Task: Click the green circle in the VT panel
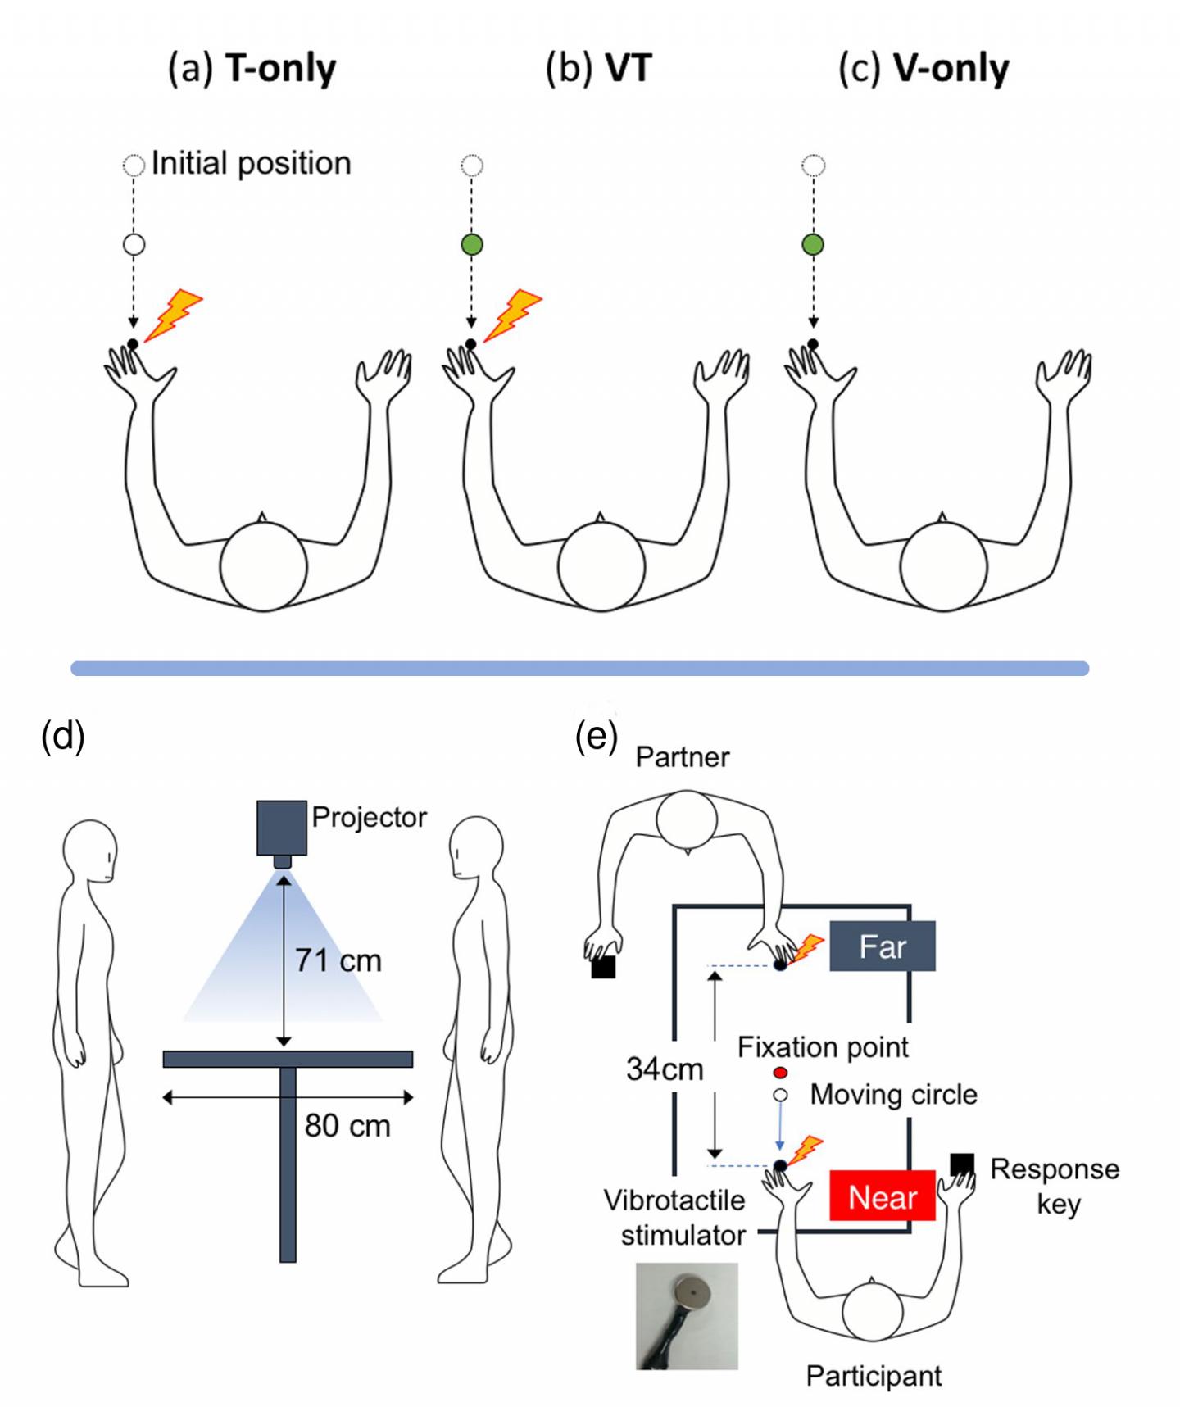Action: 472,244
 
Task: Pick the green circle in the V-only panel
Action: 813,244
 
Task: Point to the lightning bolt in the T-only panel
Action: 174,315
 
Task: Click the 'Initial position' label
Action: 251,163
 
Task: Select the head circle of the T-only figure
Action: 263,566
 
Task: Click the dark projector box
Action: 282,828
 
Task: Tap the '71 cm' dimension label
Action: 338,960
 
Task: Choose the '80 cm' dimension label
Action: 347,1125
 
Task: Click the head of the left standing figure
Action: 90,851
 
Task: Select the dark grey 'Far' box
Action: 882,946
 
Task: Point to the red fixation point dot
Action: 780,1073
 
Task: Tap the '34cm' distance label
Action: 665,1069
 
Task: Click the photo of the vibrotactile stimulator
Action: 687,1315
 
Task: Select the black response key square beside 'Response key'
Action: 962,1164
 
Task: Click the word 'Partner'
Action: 682,756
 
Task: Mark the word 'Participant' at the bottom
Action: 874,1376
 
